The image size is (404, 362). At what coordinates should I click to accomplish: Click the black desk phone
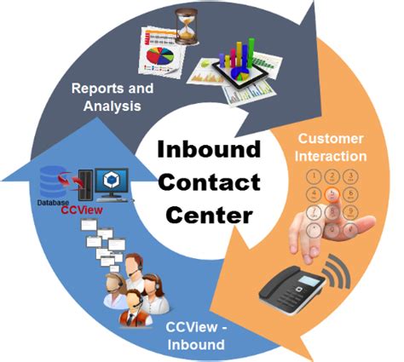coord(293,292)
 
